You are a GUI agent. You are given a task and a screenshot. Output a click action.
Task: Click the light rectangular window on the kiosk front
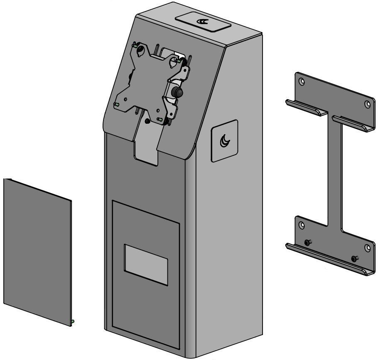click(x=146, y=264)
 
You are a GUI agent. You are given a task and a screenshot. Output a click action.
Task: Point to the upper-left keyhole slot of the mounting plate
click(x=142, y=50)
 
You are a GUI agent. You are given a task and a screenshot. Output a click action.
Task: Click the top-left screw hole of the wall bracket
click(x=302, y=81)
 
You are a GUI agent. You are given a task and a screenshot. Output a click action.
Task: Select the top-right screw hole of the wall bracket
click(x=367, y=104)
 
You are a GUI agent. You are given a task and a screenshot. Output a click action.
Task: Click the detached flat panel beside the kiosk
click(x=37, y=249)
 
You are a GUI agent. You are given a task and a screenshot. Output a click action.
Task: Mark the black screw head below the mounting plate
click(x=147, y=121)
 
